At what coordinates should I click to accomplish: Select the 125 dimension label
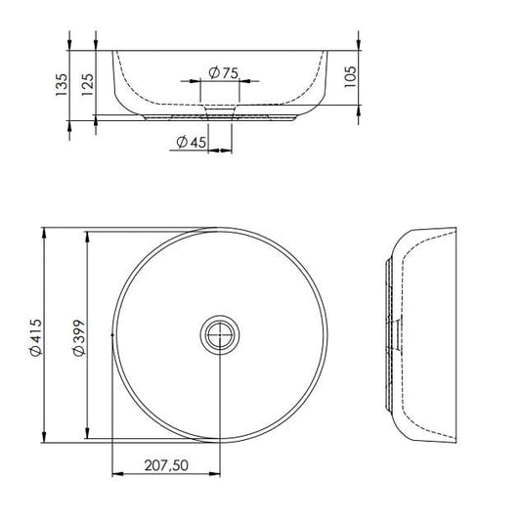[x=87, y=85]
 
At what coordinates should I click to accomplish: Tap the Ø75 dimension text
[x=224, y=71]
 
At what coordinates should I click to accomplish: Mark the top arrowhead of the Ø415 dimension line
[x=45, y=233]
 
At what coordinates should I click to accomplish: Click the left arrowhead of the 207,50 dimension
[x=118, y=476]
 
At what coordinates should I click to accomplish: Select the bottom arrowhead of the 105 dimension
[x=361, y=99]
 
